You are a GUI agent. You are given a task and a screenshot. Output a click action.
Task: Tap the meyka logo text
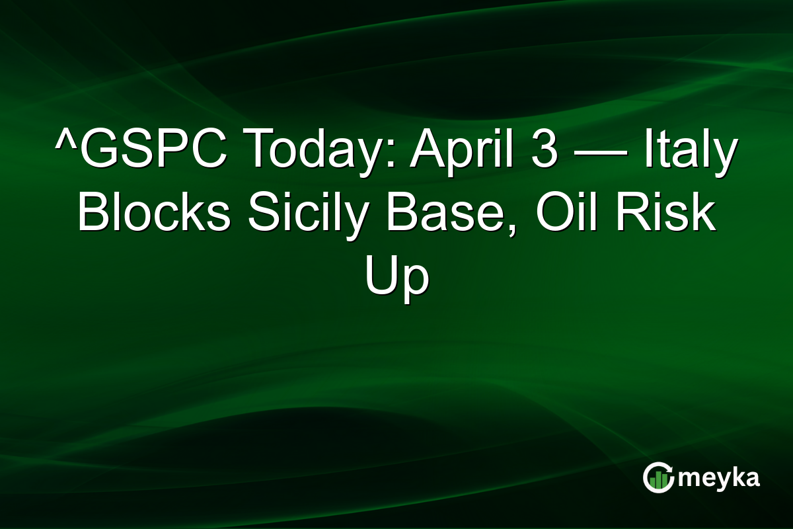click(720, 478)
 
